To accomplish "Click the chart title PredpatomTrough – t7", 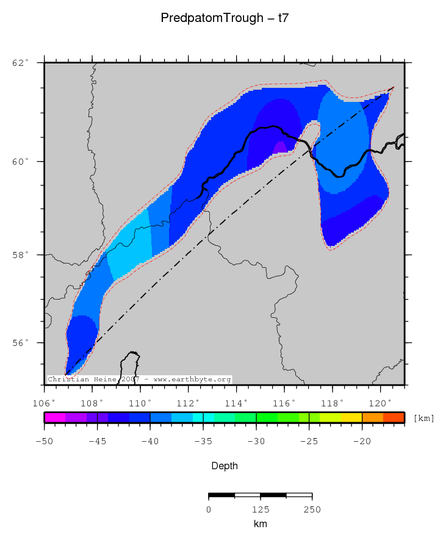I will point(225,18).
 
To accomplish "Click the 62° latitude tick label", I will point(21,62).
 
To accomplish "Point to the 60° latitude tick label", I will point(21,162).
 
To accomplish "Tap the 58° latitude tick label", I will point(21,254).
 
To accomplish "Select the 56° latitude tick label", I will point(21,343).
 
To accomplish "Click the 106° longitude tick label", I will point(44,403).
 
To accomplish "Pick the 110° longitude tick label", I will point(140,403).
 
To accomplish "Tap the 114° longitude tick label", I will point(236,403).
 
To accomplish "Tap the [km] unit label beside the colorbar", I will point(423,418).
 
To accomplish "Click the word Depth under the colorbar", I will point(225,466).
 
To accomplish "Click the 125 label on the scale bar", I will point(261,509).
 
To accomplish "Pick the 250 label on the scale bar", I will point(312,509).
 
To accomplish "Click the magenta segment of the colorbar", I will point(54,417).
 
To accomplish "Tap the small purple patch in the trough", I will point(280,147).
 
